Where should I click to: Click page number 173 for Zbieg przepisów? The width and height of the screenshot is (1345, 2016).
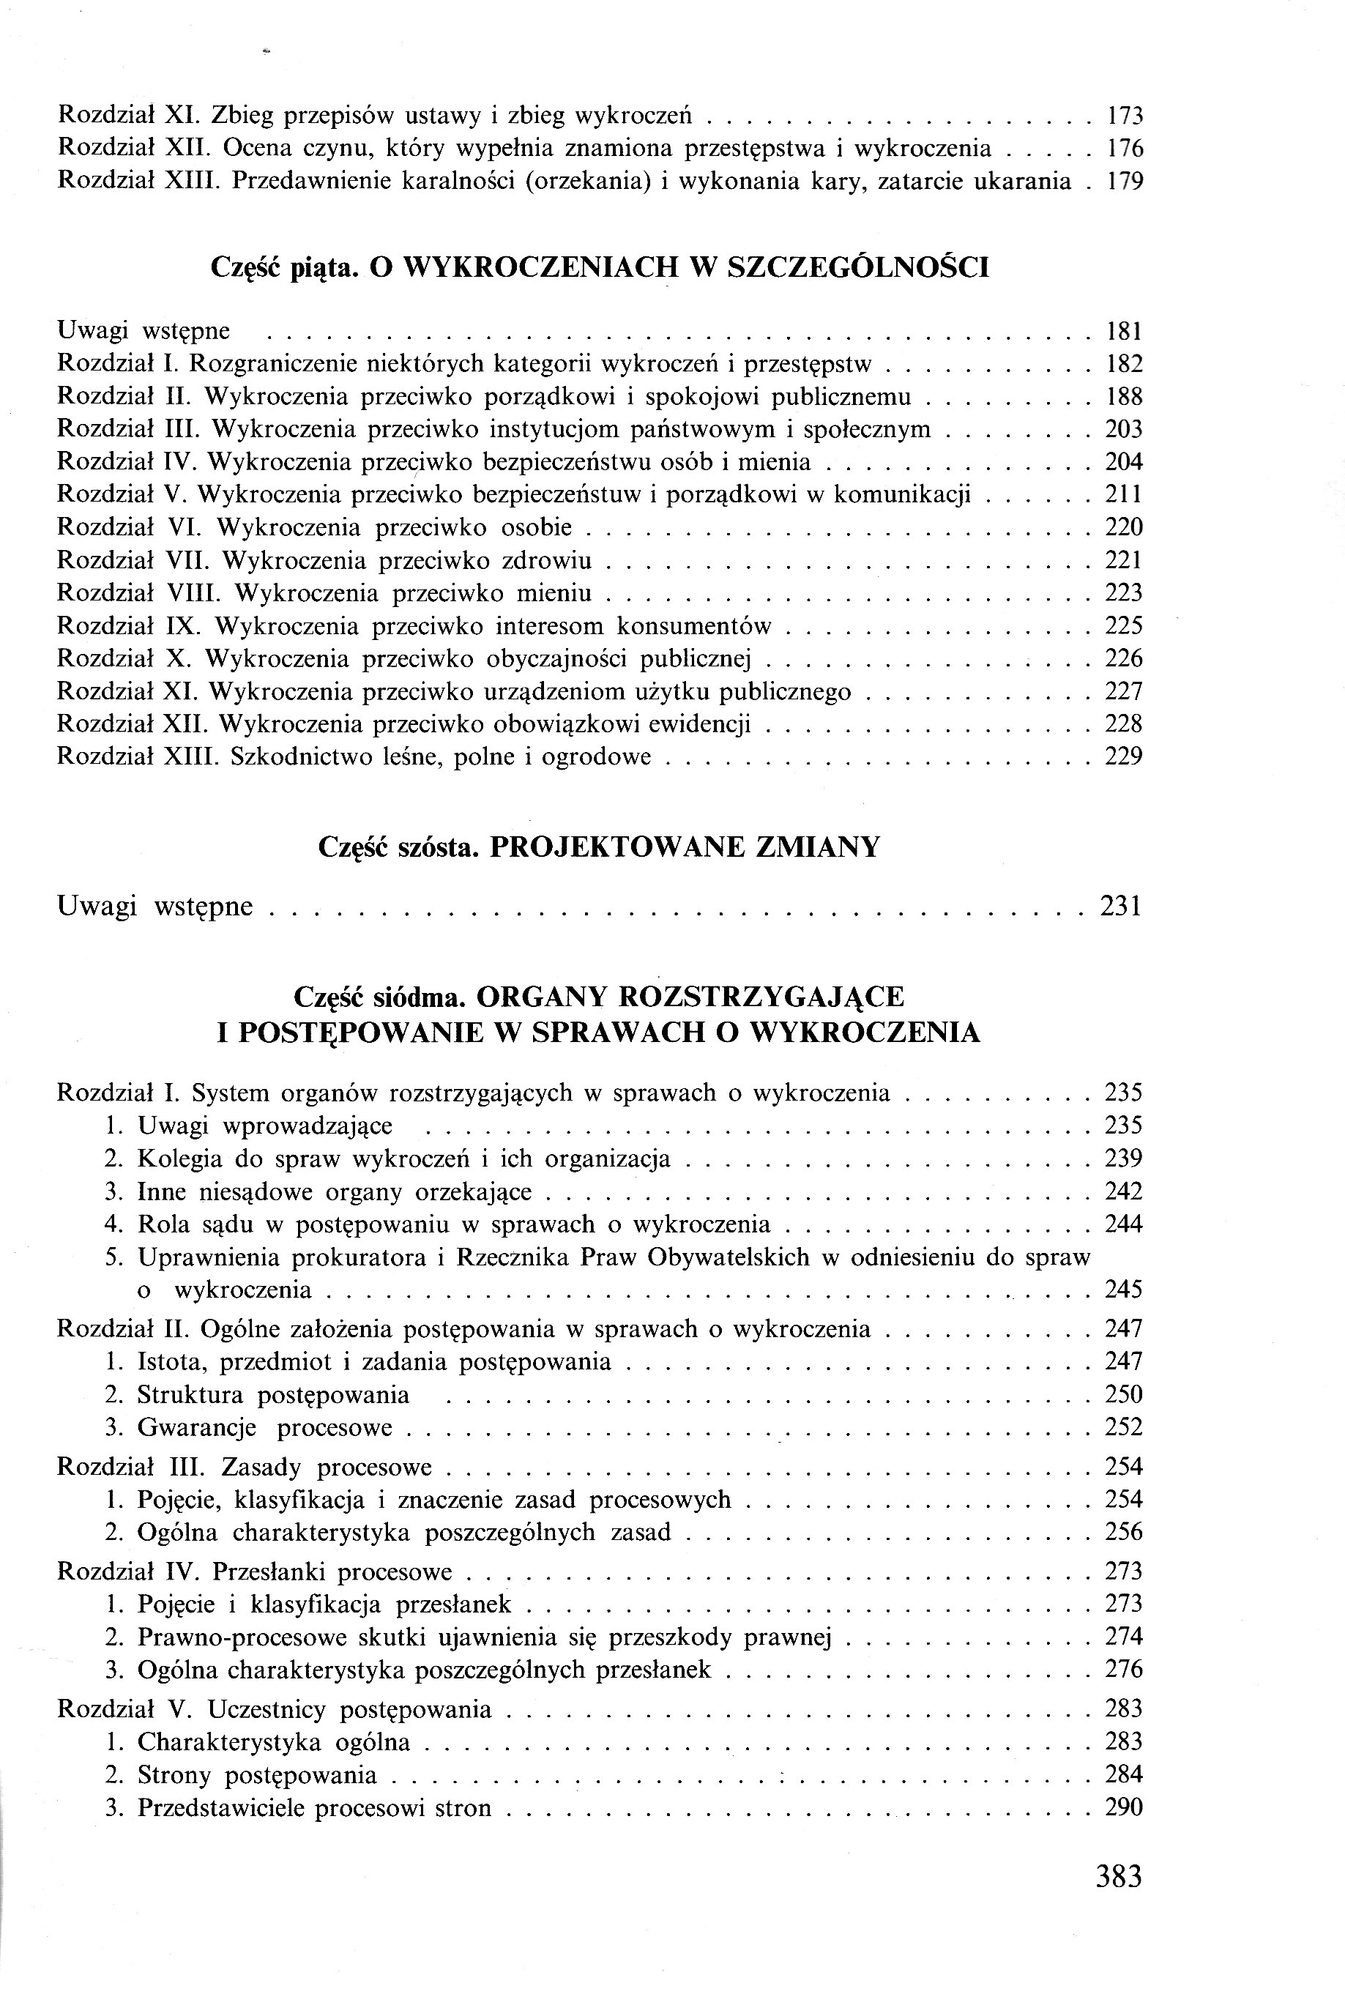click(x=1124, y=116)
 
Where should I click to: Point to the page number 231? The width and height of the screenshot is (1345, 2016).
click(x=1120, y=907)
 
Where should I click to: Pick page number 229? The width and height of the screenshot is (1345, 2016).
click(x=1124, y=756)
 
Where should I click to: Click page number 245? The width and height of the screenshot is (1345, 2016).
click(x=1124, y=1290)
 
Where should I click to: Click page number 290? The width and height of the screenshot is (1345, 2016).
click(x=1124, y=1808)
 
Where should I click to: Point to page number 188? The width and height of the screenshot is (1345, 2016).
click(x=1124, y=397)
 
